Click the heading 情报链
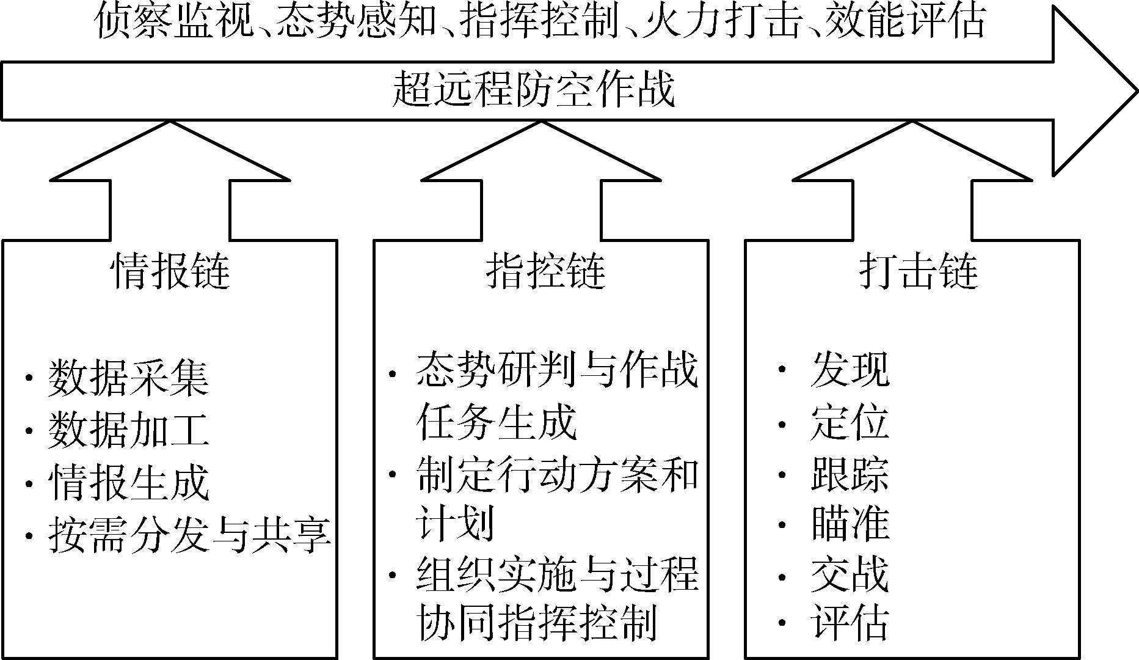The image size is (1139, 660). click(170, 271)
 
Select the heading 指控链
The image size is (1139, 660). click(545, 271)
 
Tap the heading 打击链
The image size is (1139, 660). click(919, 271)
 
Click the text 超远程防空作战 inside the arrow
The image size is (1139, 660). click(533, 90)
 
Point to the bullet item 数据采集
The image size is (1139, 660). click(129, 377)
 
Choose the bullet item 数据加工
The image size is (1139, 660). click(129, 430)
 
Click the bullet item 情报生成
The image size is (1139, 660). click(129, 483)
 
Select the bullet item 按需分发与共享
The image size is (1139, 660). click(189, 535)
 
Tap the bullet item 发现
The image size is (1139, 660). click(850, 369)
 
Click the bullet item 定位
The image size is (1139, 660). click(850, 422)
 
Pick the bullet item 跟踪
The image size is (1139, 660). click(850, 473)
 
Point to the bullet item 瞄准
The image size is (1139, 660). click(850, 523)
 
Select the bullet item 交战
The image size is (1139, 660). click(850, 574)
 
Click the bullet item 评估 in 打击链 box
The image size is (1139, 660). click(850, 623)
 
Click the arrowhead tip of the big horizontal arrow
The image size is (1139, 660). click(1137, 91)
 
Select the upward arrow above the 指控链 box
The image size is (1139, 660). click(541, 180)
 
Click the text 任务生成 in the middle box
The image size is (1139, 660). click(497, 421)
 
